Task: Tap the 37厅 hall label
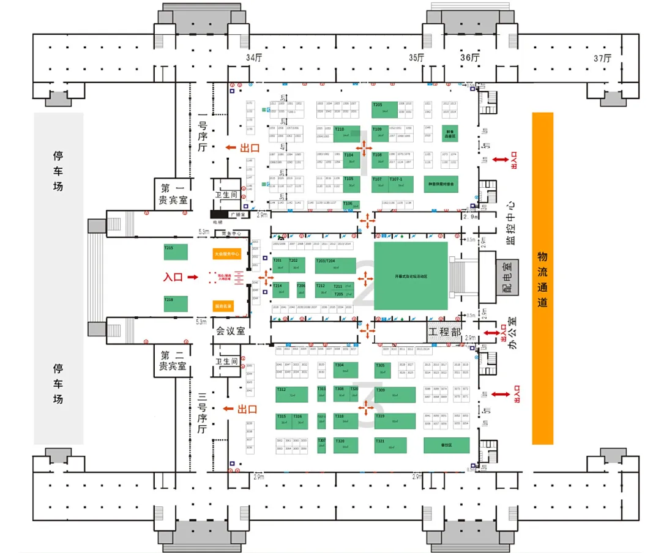[x=603, y=58]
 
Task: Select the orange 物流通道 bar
[x=542, y=278]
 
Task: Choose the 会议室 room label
[x=231, y=331]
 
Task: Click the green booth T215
[x=176, y=253]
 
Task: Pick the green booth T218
[x=176, y=304]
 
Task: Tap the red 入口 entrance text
[x=173, y=277]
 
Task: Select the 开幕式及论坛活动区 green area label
[x=411, y=276]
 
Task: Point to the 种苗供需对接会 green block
[x=441, y=184]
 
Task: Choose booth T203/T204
[x=335, y=265]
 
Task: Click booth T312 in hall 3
[x=291, y=394]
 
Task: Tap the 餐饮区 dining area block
[x=446, y=445]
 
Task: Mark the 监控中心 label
[x=510, y=224]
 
